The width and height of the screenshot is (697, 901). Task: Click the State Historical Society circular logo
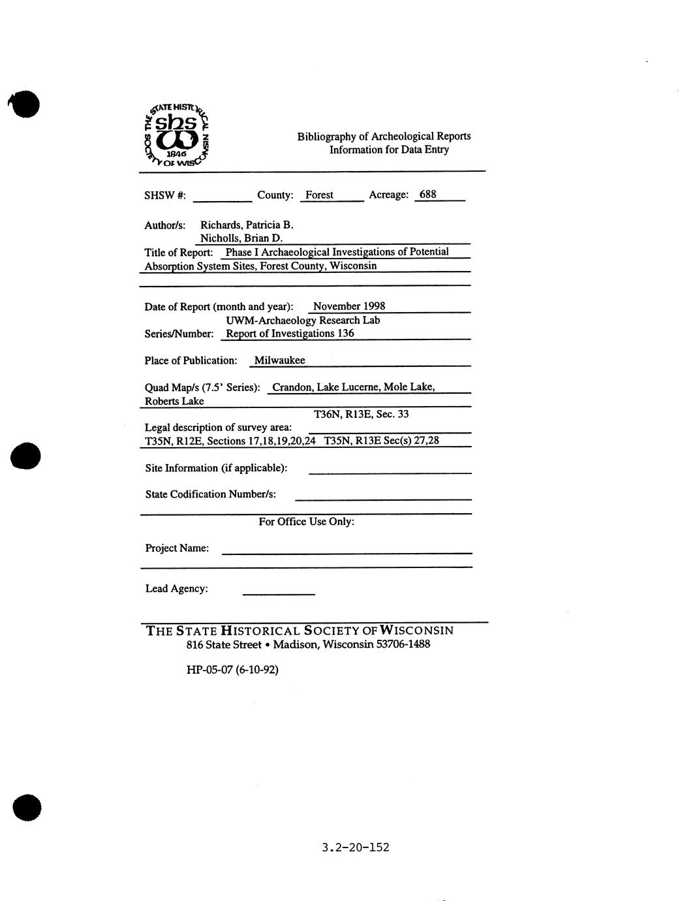pos(177,135)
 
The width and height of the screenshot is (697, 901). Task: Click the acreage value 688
pos(428,194)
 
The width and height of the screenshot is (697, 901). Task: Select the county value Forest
pos(319,195)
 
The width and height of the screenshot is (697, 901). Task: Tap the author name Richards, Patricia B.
pos(247,225)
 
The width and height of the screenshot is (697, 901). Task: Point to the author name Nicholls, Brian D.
pos(241,238)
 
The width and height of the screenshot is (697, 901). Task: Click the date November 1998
pos(349,306)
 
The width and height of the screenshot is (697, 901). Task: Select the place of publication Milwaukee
pos(279,360)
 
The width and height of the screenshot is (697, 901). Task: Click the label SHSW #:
pos(165,195)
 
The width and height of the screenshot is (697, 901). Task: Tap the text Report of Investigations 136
pos(290,333)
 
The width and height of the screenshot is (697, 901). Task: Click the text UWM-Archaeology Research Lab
pos(303,320)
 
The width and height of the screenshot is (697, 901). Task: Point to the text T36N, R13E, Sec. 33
pos(362,414)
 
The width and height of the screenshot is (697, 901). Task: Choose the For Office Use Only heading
pos(306,522)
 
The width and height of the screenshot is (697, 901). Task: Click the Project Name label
pos(177,548)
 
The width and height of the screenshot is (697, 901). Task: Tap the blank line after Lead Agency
pos(278,592)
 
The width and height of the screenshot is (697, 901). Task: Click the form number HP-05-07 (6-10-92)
pos(232,669)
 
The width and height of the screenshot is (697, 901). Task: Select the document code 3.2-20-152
pos(356,847)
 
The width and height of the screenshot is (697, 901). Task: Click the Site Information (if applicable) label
pos(216,468)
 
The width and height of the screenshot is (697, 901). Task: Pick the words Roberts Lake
pos(174,401)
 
